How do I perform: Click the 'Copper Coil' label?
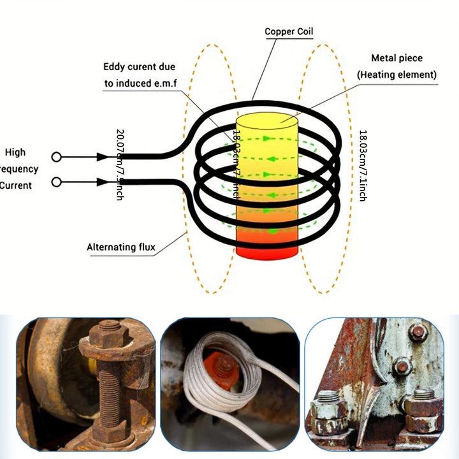pos(289,31)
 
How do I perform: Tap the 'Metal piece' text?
pos(397,59)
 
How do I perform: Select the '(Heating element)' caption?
pos(397,75)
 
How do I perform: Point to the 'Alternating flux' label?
pos(121,247)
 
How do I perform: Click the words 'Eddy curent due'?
pos(139,67)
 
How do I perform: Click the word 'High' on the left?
pos(15,152)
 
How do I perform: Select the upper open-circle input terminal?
pos(57,157)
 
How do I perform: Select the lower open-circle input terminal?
pos(57,182)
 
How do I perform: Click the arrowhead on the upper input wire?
pos(102,157)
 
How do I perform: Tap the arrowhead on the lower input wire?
pos(102,182)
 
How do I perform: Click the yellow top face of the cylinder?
pos(267,122)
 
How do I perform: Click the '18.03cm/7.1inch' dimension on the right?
pos(363,166)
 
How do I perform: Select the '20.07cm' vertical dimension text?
pos(119,153)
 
